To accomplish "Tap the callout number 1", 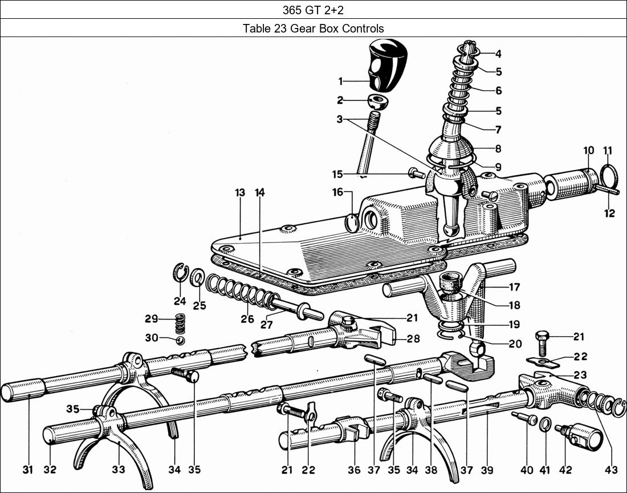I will tap(341, 81).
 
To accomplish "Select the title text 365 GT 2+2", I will tap(313, 10).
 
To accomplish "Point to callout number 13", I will tap(239, 193).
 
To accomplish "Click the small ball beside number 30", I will tap(180, 340).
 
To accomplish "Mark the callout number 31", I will tap(27, 470).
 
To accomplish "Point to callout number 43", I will tap(611, 470).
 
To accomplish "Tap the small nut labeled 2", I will tap(378, 102).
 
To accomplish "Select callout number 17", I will tap(514, 286).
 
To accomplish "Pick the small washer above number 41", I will tap(544, 424).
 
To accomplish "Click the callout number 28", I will tap(413, 339).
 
